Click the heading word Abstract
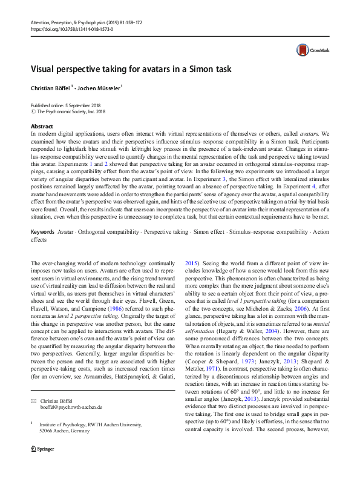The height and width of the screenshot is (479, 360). click(x=42, y=126)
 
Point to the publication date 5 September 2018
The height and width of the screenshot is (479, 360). click(x=88, y=105)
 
